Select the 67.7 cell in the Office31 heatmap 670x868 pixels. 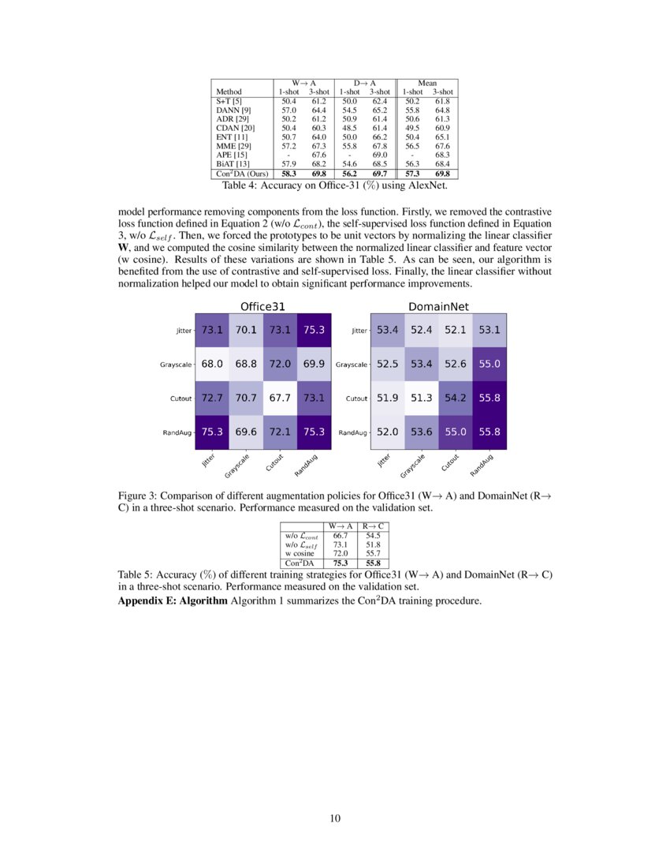click(x=279, y=398)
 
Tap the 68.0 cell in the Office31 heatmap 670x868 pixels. click(x=211, y=364)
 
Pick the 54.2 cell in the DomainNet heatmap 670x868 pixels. click(x=455, y=398)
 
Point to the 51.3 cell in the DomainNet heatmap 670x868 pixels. click(x=421, y=398)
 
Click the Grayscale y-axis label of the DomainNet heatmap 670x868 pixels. click(x=351, y=365)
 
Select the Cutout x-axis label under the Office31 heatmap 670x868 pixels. click(x=274, y=464)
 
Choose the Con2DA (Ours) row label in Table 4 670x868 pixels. click(x=241, y=173)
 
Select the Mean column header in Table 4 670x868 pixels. click(x=426, y=83)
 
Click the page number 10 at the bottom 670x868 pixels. click(x=334, y=818)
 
